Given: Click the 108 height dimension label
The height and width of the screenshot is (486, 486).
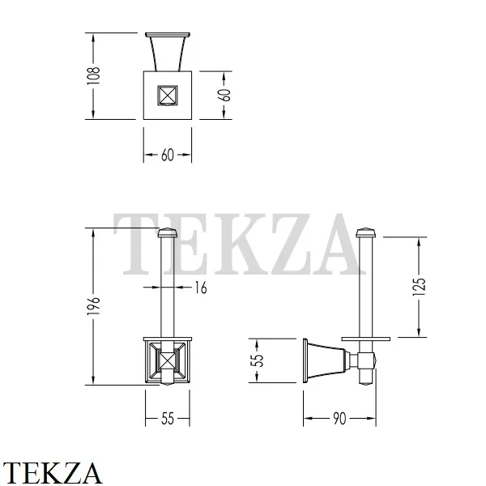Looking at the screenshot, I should [x=95, y=75].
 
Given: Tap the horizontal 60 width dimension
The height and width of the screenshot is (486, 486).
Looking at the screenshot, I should [x=168, y=156].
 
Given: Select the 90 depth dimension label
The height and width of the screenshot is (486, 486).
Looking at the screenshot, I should [x=339, y=419].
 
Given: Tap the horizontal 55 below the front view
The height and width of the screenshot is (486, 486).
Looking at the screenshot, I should [x=168, y=419].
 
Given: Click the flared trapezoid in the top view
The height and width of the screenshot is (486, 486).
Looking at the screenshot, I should [x=168, y=53].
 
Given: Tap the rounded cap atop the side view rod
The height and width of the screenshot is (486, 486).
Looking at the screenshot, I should [x=366, y=235].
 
